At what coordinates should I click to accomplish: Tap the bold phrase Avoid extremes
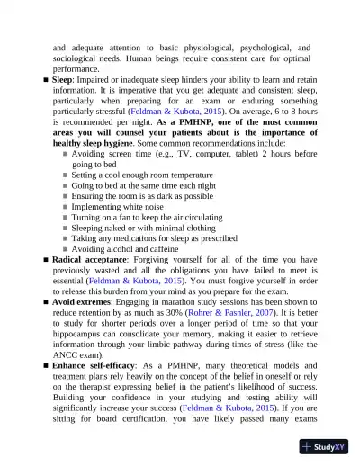tap(85, 302)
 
